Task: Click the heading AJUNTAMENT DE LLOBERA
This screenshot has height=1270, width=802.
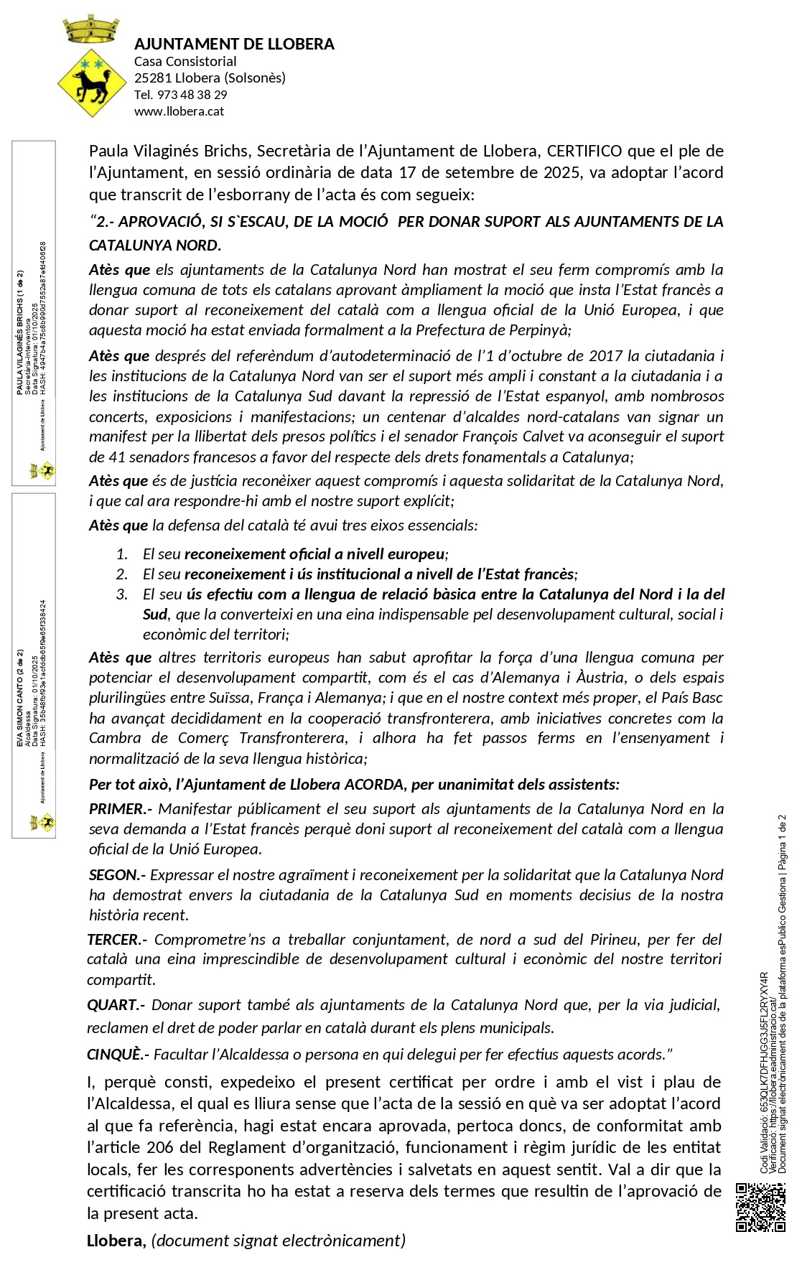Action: pos(234,44)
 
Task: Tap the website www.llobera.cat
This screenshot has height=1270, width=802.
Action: pos(179,111)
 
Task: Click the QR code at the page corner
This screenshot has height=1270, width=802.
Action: pos(760,1208)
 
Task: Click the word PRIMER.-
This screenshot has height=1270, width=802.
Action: pos(120,809)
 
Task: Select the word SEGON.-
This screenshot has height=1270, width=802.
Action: pos(117,875)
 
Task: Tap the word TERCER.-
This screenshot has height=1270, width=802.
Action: pos(117,940)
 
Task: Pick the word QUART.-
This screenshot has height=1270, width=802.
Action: pos(116,1005)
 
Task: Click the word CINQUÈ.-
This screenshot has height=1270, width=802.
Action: pos(118,1055)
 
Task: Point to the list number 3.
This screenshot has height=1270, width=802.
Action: pos(122,594)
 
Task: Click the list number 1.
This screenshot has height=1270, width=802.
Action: pos(122,554)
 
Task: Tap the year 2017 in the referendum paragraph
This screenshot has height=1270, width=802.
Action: pos(606,356)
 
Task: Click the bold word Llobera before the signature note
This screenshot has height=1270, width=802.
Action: pos(115,1241)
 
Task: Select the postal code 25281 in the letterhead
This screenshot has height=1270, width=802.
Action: pos(152,78)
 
